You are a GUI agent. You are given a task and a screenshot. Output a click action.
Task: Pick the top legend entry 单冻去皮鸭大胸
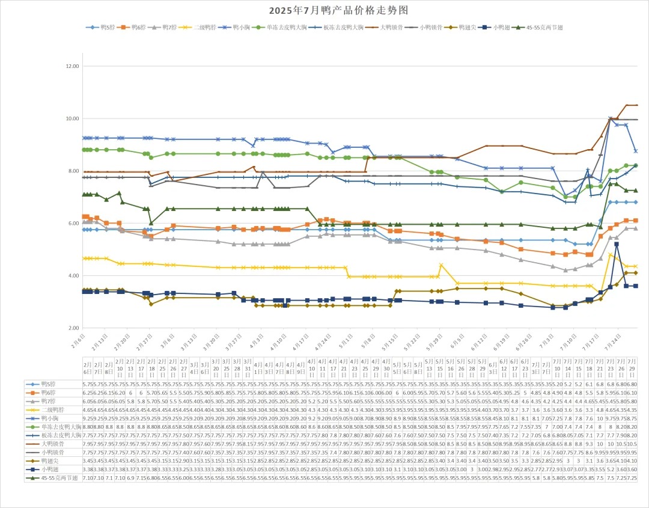click(282, 28)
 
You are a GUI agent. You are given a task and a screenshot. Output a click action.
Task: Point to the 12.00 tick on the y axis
click(72, 66)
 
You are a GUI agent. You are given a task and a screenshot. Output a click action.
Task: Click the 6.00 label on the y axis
click(73, 223)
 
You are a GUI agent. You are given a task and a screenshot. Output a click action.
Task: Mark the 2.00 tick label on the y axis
click(73, 328)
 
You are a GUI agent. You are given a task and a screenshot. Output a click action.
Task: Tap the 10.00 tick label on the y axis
click(72, 118)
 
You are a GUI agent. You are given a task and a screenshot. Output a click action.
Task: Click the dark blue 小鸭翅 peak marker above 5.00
click(617, 244)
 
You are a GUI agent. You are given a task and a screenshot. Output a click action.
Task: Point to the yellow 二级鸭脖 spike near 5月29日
click(441, 265)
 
